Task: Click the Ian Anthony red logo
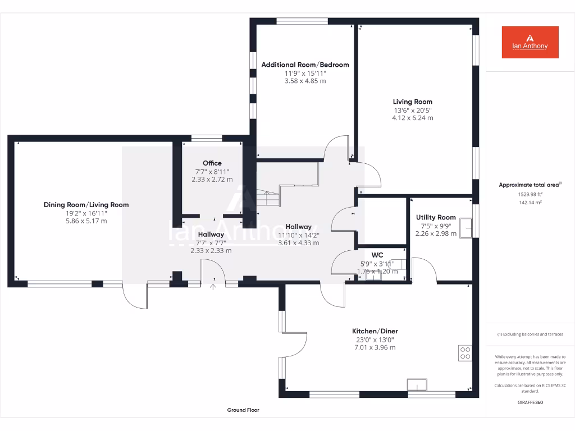pyautogui.click(x=530, y=42)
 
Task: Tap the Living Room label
pyautogui.click(x=412, y=102)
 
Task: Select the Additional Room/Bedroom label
pyautogui.click(x=305, y=65)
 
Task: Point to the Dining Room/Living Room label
pyautogui.click(x=86, y=205)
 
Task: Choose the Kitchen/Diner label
pyautogui.click(x=375, y=331)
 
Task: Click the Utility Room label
pyautogui.click(x=435, y=217)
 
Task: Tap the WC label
pyautogui.click(x=377, y=255)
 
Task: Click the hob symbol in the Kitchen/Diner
pyautogui.click(x=466, y=352)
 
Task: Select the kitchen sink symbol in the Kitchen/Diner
pyautogui.click(x=417, y=385)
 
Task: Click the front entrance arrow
pyautogui.click(x=213, y=288)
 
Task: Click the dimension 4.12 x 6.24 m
pyautogui.click(x=412, y=118)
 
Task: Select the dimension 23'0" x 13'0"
pyautogui.click(x=375, y=340)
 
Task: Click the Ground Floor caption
pyautogui.click(x=243, y=410)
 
